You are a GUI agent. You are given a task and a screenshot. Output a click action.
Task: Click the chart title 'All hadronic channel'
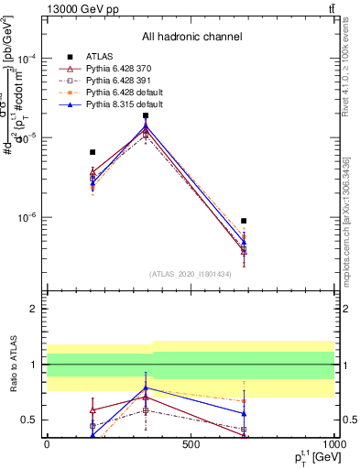click(191, 37)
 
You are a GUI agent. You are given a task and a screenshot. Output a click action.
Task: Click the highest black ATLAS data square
click(146, 116)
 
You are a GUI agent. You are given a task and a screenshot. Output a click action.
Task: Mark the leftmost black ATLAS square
click(93, 152)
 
